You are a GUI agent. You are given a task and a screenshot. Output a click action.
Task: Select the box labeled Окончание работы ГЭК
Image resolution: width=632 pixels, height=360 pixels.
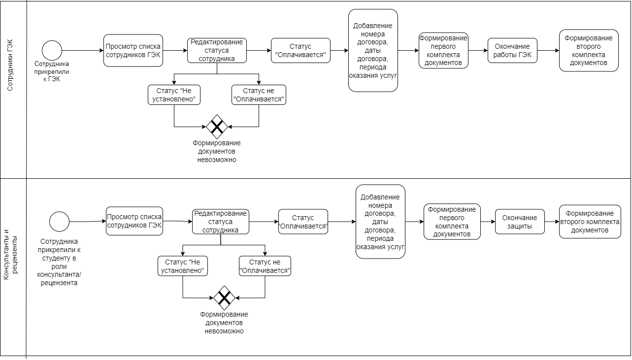(512, 51)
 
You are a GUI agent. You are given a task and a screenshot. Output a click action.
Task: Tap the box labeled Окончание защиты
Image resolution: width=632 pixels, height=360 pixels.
(520, 222)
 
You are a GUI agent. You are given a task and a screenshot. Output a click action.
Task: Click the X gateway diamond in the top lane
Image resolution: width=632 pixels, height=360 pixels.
(217, 127)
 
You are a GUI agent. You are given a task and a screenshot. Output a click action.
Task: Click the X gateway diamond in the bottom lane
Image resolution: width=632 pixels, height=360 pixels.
(224, 298)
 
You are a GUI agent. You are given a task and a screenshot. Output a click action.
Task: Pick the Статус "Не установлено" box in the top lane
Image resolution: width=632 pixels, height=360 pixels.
(174, 95)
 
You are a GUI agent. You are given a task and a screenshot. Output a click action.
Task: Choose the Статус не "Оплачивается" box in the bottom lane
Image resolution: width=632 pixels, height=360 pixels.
(265, 266)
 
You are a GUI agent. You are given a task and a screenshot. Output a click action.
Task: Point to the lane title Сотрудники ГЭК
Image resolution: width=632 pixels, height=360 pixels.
(10, 65)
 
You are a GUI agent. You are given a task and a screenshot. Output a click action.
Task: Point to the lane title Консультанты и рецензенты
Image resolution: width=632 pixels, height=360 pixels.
(10, 255)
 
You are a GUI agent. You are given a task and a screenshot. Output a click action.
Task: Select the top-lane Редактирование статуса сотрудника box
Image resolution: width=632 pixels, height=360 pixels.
(217, 51)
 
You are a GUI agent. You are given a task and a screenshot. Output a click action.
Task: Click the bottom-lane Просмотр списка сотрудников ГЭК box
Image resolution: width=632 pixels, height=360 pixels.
(134, 221)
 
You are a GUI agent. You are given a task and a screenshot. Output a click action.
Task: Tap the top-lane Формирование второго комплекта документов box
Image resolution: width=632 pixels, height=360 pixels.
(589, 51)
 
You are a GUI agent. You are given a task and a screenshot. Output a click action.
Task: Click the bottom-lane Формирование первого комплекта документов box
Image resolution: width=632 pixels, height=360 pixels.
(452, 222)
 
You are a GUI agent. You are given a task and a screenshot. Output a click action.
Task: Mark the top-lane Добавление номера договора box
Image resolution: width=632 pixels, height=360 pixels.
(373, 51)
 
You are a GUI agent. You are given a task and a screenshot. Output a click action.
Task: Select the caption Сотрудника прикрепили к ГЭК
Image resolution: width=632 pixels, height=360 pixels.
(52, 71)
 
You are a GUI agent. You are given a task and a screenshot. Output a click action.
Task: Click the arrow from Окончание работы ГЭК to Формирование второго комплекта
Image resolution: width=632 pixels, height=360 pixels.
(548, 51)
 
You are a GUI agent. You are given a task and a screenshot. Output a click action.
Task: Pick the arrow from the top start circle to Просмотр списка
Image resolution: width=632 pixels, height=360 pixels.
(83, 51)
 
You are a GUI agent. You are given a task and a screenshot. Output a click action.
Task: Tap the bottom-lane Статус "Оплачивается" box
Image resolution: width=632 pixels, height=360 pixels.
(303, 222)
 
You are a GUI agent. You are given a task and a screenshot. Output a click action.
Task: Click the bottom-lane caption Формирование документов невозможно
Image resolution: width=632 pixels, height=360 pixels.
(224, 323)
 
